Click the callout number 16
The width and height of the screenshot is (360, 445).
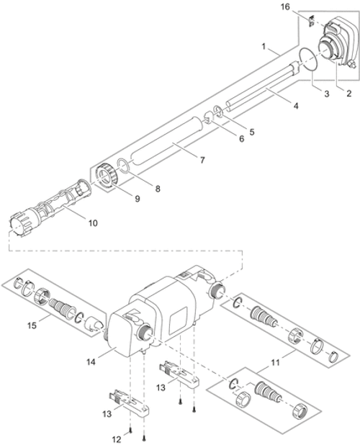pos(285,6)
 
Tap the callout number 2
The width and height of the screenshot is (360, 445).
pos(348,93)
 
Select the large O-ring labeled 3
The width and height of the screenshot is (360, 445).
pos(308,59)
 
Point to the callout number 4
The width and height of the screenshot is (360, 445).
pos(296,106)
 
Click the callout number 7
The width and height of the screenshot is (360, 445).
pos(252,132)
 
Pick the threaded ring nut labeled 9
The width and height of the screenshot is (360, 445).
pos(241,139)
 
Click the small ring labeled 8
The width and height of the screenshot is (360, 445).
pos(202,161)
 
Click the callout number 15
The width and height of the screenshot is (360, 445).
pos(93,223)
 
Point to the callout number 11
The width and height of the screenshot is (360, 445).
pos(275,362)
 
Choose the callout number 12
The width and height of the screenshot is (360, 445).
pos(117,440)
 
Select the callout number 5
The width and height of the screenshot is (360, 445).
pos(252,132)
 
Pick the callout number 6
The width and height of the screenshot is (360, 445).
pos(241,139)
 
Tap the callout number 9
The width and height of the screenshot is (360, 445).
pos(138,199)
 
